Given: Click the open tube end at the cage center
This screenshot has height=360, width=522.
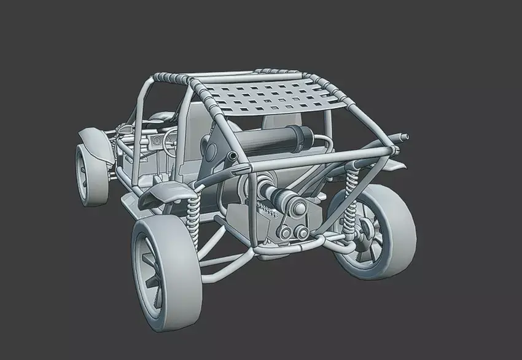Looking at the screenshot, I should (233, 158).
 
